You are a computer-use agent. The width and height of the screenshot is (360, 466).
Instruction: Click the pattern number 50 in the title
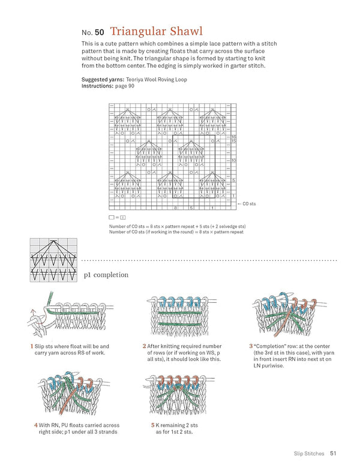(x=100, y=32)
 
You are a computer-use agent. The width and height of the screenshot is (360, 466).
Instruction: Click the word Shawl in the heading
(x=182, y=31)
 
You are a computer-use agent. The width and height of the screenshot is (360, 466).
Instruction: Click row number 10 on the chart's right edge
(x=233, y=161)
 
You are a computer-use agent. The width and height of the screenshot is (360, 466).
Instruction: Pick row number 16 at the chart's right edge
(x=233, y=137)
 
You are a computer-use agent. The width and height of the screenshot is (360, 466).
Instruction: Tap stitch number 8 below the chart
(x=175, y=208)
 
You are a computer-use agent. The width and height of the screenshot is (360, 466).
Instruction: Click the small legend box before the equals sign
(x=112, y=217)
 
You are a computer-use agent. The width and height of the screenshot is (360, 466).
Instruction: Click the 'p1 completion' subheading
(x=106, y=275)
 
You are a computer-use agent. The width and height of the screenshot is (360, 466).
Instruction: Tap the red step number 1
(x=31, y=346)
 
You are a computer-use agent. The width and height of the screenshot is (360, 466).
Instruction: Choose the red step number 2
(x=145, y=346)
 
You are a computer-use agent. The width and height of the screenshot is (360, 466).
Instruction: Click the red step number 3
(x=250, y=346)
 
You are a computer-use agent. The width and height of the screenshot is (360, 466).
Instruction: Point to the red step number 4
(x=36, y=425)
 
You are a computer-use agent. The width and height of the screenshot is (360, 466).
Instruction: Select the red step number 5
(x=152, y=425)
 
